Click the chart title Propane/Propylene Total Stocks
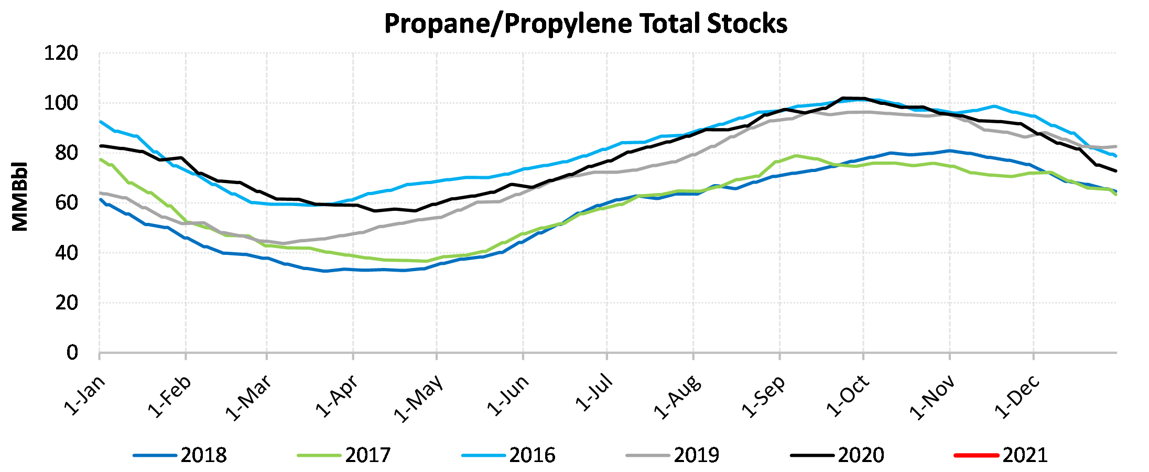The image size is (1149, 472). pyautogui.click(x=586, y=24)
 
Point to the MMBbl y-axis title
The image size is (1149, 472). pyautogui.click(x=20, y=196)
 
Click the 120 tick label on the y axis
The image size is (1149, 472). pyautogui.click(x=61, y=53)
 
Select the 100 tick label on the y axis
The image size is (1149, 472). pyautogui.click(x=61, y=103)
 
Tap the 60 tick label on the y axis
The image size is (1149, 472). pyautogui.click(x=66, y=203)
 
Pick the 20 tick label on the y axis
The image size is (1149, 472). pyautogui.click(x=66, y=303)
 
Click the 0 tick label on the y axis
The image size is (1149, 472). pyautogui.click(x=72, y=352)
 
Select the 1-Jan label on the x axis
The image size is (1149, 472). pyautogui.click(x=85, y=395)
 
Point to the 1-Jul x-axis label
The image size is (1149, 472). pyautogui.click(x=594, y=393)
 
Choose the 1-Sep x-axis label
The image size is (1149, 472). pyautogui.click(x=764, y=397)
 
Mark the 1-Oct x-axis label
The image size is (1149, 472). pyautogui.click(x=848, y=396)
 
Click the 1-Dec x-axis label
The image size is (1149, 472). pyautogui.click(x=1017, y=397)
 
